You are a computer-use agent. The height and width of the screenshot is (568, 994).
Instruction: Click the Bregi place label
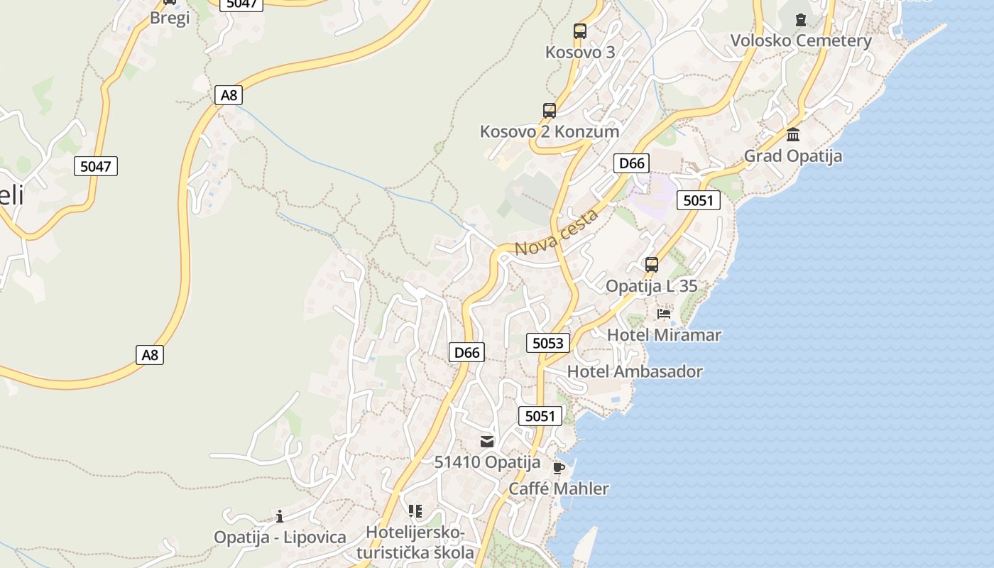pyautogui.click(x=170, y=18)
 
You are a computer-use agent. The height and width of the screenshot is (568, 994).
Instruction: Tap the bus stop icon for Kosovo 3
pyautogui.click(x=580, y=31)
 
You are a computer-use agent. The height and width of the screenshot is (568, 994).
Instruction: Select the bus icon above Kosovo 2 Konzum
pyautogui.click(x=550, y=111)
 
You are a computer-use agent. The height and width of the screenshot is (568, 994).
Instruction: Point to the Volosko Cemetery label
pyautogui.click(x=802, y=40)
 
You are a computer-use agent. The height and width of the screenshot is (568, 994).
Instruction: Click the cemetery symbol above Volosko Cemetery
pyautogui.click(x=802, y=19)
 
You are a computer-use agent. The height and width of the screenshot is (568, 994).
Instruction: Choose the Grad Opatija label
pyautogui.click(x=793, y=155)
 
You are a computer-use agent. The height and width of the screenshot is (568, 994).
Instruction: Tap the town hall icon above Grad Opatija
pyautogui.click(x=793, y=135)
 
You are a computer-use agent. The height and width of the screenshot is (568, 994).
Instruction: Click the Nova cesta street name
pyautogui.click(x=557, y=233)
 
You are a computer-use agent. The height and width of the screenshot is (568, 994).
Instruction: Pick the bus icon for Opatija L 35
pyautogui.click(x=652, y=265)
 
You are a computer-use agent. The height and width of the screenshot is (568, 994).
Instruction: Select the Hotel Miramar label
pyautogui.click(x=664, y=334)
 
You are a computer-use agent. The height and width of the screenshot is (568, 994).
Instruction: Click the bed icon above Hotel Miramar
pyautogui.click(x=664, y=313)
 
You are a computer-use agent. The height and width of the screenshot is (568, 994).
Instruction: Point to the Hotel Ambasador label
pyautogui.click(x=635, y=371)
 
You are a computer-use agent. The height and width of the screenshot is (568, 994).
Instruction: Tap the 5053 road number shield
pyautogui.click(x=548, y=344)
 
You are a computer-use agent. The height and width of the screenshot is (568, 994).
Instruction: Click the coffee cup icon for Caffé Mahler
pyautogui.click(x=559, y=468)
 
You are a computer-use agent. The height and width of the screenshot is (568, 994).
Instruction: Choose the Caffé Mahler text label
pyautogui.click(x=559, y=488)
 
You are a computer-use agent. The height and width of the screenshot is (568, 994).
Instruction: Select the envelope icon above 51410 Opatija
pyautogui.click(x=487, y=442)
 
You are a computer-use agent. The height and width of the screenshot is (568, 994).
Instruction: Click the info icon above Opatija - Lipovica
pyautogui.click(x=280, y=516)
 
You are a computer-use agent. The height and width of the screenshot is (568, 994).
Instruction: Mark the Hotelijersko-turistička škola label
pyautogui.click(x=415, y=542)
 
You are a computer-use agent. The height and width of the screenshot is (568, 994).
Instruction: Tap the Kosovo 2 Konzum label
pyautogui.click(x=550, y=131)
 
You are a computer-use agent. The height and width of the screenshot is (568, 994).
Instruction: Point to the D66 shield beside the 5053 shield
pyautogui.click(x=467, y=351)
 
